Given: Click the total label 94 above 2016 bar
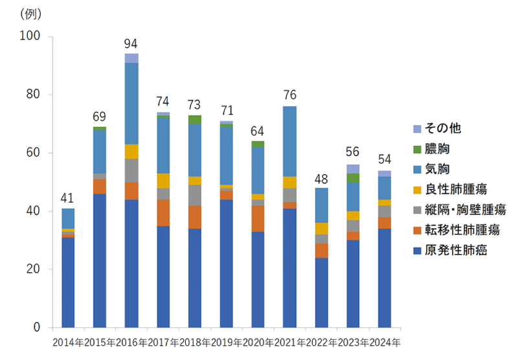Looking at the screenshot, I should [131, 44].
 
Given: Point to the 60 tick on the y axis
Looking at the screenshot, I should [34, 153].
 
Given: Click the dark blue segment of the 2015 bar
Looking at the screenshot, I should [100, 260].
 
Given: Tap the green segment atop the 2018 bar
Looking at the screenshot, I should [194, 119].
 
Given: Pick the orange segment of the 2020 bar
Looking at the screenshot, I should [258, 218].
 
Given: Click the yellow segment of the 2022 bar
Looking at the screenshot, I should [321, 229].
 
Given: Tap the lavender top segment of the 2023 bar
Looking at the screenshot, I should [353, 168].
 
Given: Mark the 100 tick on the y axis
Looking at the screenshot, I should [31, 37].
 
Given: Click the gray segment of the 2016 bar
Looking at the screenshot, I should [131, 170].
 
